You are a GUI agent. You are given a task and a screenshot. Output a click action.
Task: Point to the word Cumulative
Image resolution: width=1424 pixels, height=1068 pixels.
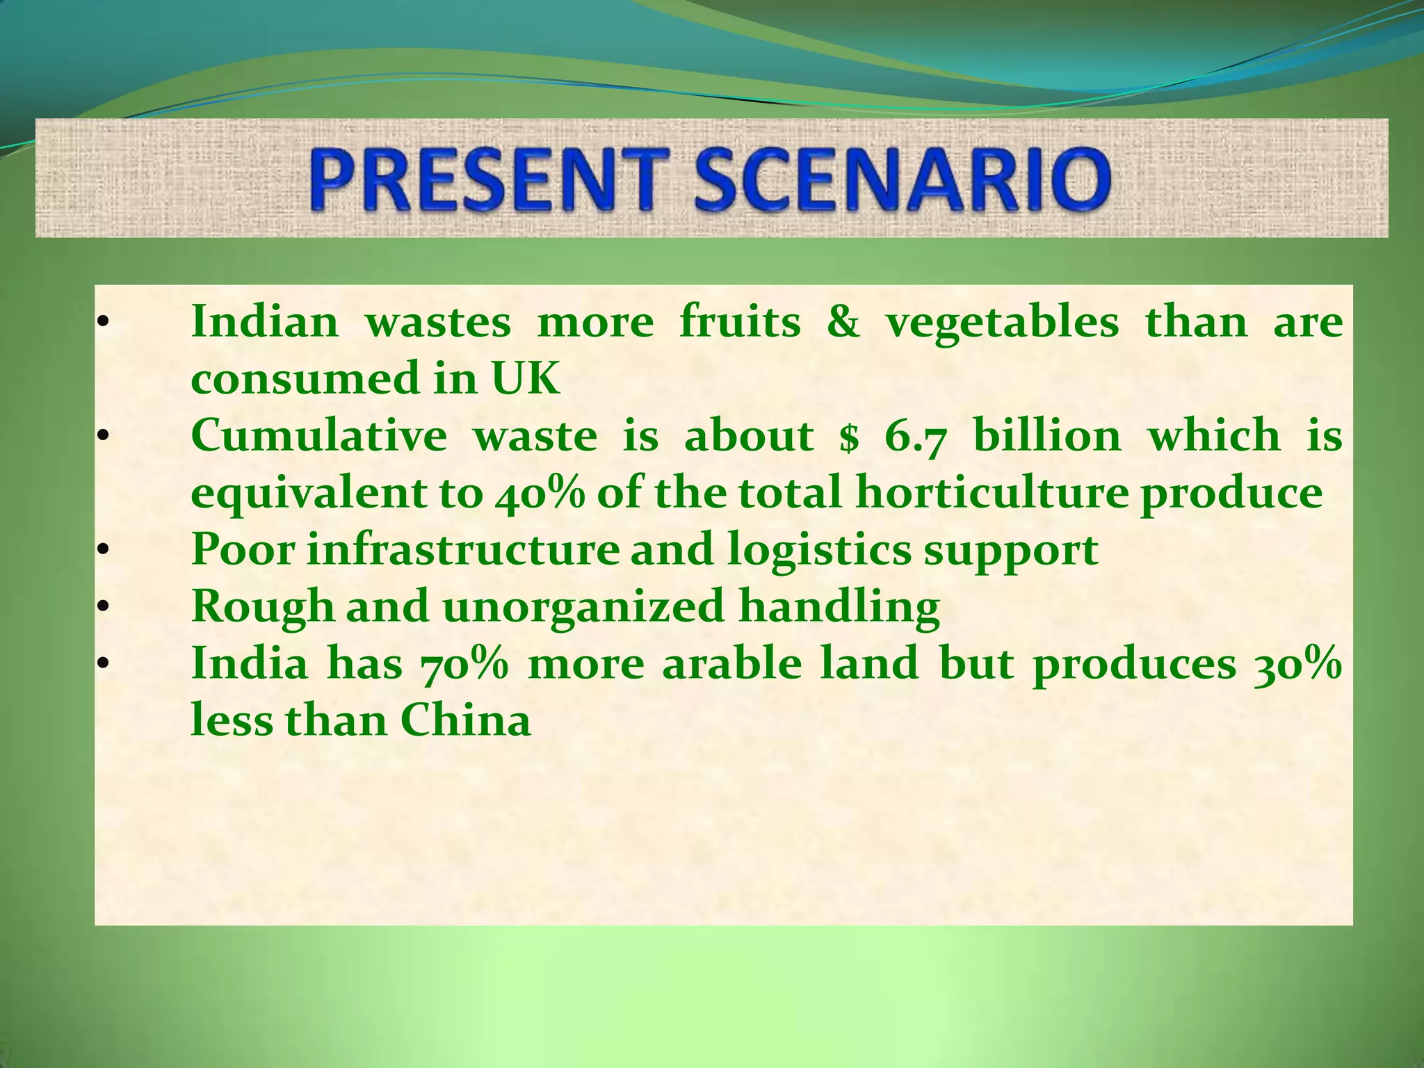tap(319, 436)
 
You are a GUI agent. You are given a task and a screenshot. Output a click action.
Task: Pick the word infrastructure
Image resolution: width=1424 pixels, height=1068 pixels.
tap(462, 550)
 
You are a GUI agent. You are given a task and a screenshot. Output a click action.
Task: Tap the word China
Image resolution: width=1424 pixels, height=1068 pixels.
tap(465, 720)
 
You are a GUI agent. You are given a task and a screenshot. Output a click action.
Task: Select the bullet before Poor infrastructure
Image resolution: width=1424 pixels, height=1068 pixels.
tap(102, 551)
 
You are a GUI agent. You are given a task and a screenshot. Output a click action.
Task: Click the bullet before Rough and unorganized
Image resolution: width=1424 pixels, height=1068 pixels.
tap(102, 608)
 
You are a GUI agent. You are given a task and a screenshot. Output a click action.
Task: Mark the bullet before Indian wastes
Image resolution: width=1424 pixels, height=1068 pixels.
tap(102, 323)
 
